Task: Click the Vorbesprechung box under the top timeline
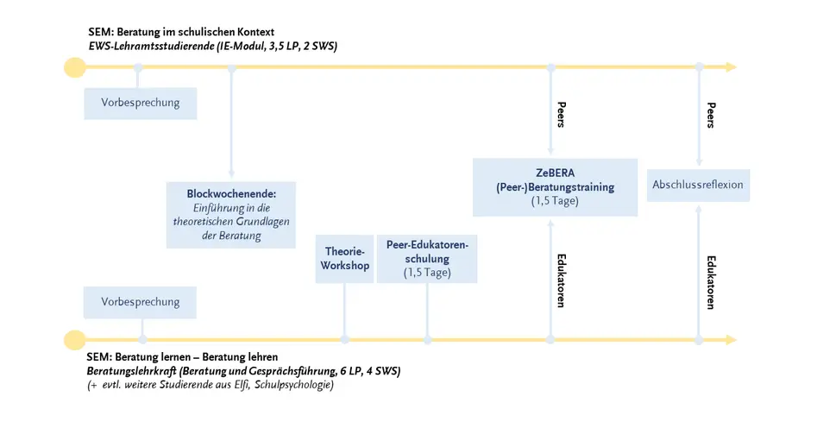point(141,104)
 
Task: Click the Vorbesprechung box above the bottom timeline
point(140,302)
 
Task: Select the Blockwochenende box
point(231,215)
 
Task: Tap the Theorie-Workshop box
point(344,259)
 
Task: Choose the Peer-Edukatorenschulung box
point(427,259)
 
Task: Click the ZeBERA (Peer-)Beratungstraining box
point(555,187)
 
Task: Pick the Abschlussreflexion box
point(698,185)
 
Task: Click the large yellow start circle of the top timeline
point(75,67)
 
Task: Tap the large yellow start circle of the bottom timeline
point(75,340)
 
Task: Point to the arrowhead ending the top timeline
point(732,67)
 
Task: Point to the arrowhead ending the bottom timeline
point(732,340)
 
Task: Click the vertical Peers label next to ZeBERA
point(561,115)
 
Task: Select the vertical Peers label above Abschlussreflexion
point(711,116)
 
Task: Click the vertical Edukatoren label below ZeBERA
point(561,280)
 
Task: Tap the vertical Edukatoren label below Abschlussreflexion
point(711,282)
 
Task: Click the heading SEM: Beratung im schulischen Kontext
point(181,32)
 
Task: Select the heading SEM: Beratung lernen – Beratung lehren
point(182,357)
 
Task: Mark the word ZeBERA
point(555,173)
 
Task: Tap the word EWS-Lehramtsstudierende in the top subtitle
point(152,46)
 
